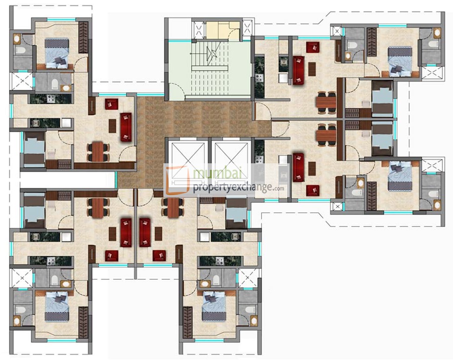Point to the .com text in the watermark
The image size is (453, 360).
pyautogui.click(x=278, y=188)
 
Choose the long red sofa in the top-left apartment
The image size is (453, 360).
pyautogui.click(x=126, y=127)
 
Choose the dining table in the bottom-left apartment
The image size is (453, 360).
pyautogui.click(x=98, y=206)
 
